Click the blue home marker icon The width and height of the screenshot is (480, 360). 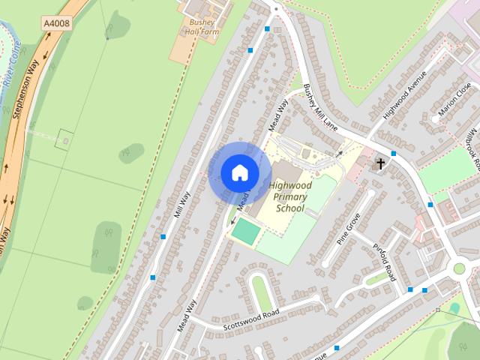coord(239,172)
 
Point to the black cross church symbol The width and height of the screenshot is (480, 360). coord(380,163)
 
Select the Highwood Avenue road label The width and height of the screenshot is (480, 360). coord(404,95)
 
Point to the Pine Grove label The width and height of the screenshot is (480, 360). coord(349,228)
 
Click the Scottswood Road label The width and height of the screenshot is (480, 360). coord(251,319)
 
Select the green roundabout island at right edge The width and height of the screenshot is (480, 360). coord(458,268)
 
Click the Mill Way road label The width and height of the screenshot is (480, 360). coord(182,202)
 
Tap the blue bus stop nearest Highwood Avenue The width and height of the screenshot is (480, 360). coord(393,153)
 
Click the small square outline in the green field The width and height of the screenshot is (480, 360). coord(65,139)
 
